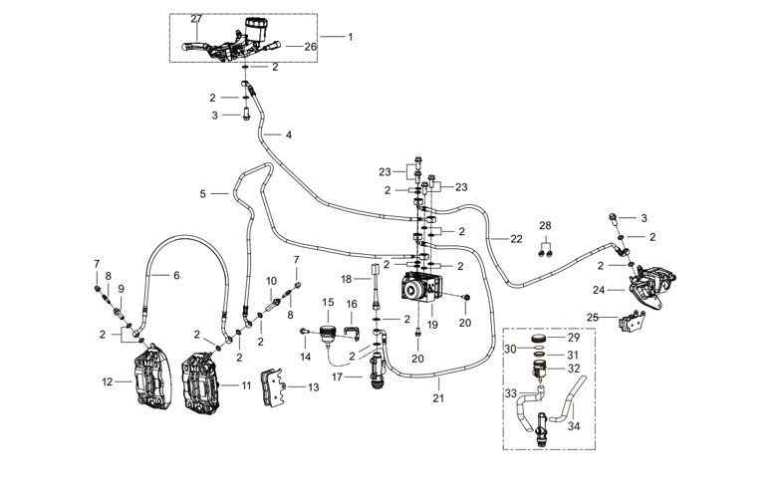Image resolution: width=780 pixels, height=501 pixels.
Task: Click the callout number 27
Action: click(196, 19)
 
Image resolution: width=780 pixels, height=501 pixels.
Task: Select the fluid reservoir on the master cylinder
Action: click(256, 29)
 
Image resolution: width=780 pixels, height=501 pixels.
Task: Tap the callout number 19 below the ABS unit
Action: click(432, 325)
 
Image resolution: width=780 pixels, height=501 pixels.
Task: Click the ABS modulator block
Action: click(421, 288)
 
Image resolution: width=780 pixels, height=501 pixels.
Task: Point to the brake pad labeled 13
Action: click(272, 386)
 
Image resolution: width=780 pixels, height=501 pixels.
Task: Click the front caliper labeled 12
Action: click(152, 375)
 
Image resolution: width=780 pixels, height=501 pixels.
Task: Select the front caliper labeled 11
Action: click(201, 382)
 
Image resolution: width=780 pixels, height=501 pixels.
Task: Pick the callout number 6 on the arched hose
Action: click(176, 275)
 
